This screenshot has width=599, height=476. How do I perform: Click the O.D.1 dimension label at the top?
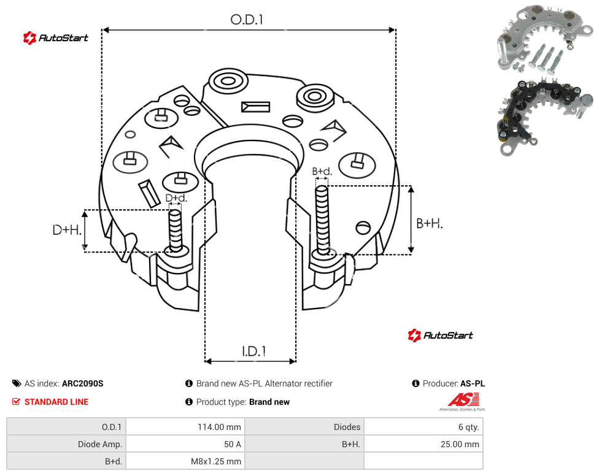[247, 20]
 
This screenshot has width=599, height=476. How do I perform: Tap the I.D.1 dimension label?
[254, 351]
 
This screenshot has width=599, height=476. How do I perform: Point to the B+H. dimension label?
[430, 223]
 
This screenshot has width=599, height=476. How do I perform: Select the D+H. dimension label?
[67, 230]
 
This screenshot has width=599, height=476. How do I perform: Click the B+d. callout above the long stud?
[322, 171]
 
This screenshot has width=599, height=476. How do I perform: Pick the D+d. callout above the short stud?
[176, 198]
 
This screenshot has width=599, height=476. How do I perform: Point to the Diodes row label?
[347, 427]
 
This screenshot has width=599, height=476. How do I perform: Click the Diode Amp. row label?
[100, 444]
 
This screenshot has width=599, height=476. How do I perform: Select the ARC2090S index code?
[82, 383]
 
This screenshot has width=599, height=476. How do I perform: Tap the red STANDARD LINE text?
[56, 402]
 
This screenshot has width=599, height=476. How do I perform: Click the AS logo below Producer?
[463, 402]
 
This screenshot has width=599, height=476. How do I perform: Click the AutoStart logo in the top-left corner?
[56, 38]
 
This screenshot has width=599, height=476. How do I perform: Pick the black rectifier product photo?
[546, 117]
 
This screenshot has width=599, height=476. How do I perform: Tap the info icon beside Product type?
[188, 402]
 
